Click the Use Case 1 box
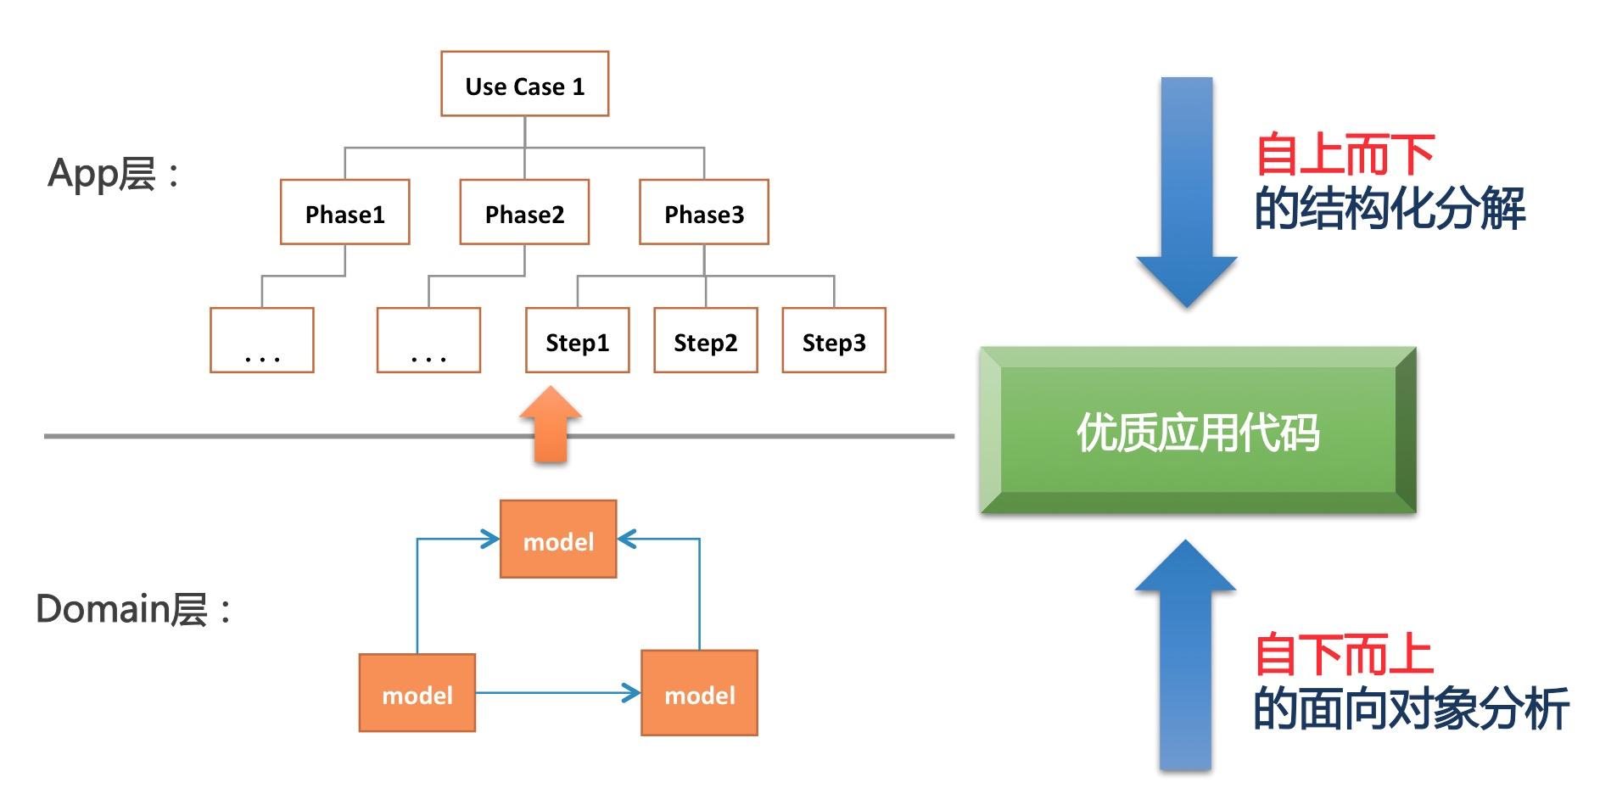tap(524, 84)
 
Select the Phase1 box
tap(344, 212)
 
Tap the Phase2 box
tap(524, 212)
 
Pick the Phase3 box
tap(703, 212)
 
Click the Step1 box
tap(577, 340)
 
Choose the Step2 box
tap(705, 340)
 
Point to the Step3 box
tap(833, 340)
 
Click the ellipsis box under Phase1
tap(261, 340)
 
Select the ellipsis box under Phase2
tap(428, 340)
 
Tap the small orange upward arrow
tap(551, 424)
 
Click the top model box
tap(558, 539)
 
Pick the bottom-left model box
tap(417, 693)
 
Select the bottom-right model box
tap(699, 693)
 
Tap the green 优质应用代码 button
tap(1198, 431)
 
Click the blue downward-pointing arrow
tap(1186, 191)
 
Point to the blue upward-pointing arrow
tap(1185, 657)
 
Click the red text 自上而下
tap(1344, 154)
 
